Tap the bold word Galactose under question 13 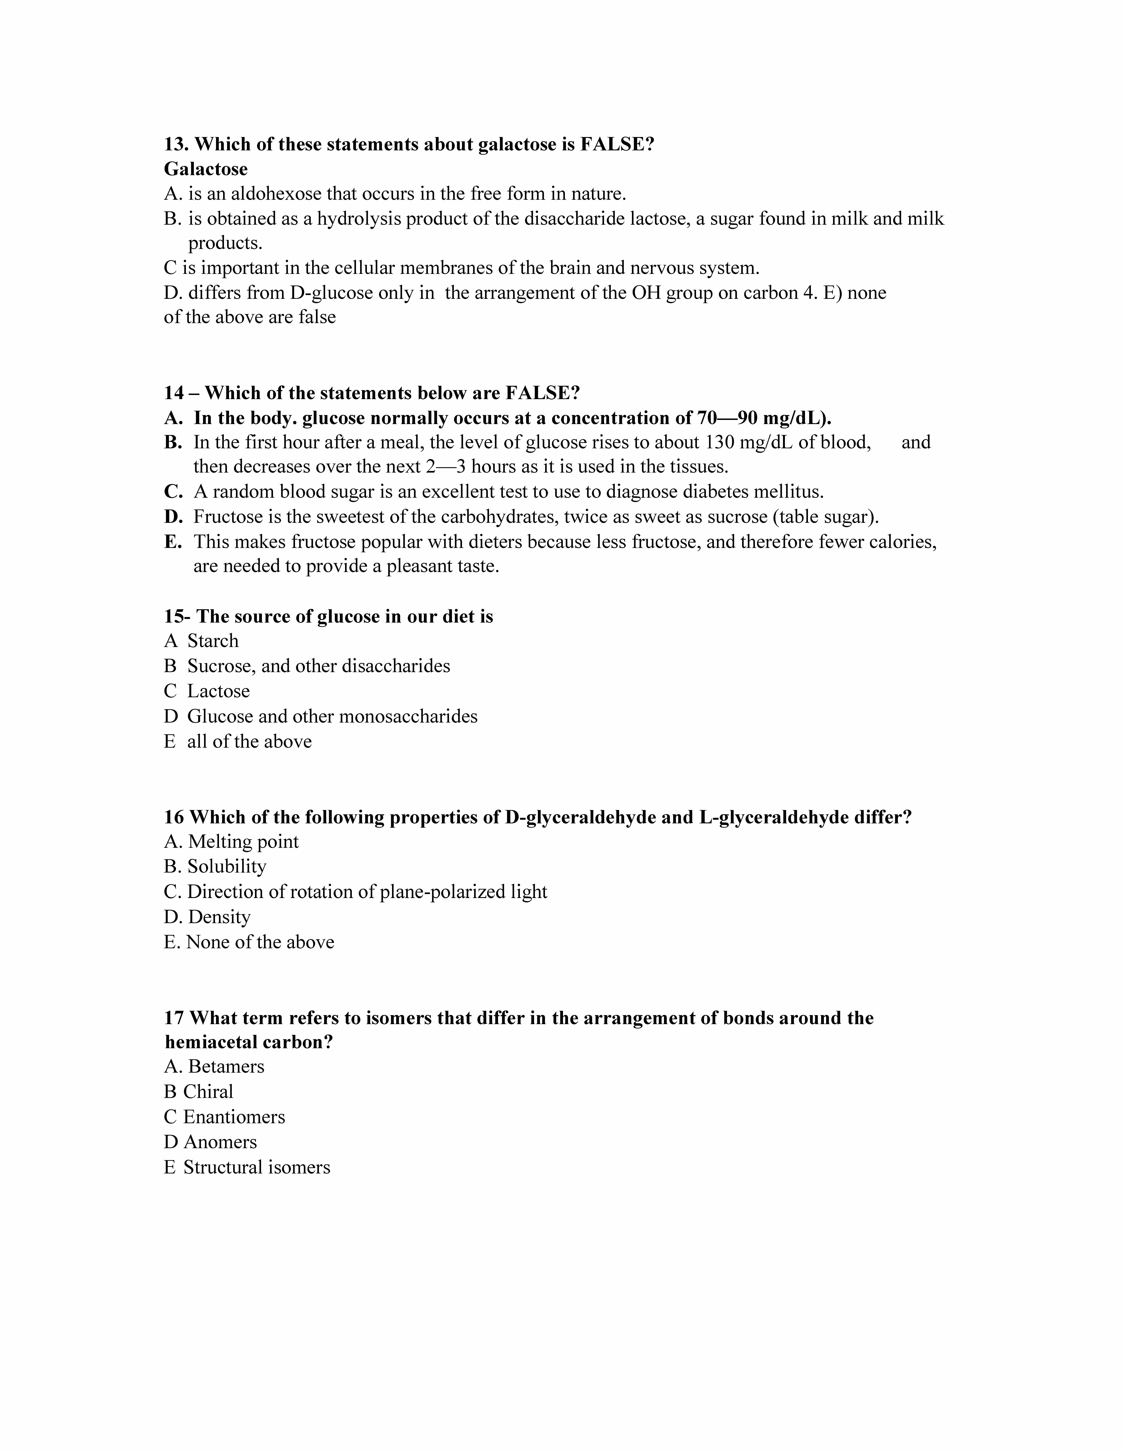click(x=206, y=169)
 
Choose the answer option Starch click(x=213, y=641)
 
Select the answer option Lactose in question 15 click(x=218, y=691)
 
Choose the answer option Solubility click(x=227, y=866)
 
